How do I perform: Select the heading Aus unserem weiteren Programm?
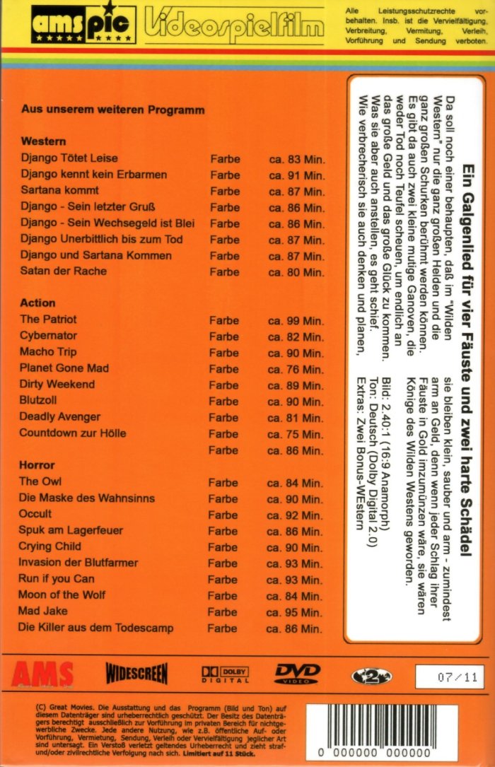pos(113,110)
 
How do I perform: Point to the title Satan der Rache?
pos(64,271)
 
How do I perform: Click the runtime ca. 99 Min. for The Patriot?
pos(296,321)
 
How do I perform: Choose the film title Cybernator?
pos(48,336)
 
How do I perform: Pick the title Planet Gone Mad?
pos(64,368)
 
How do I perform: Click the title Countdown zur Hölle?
pos(73,433)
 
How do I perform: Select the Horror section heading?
pos(37,466)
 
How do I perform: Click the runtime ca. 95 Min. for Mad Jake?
pos(296,612)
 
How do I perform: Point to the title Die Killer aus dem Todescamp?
pos(95,628)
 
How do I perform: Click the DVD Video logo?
pos(298,674)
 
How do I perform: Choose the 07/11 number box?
pos(449,677)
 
